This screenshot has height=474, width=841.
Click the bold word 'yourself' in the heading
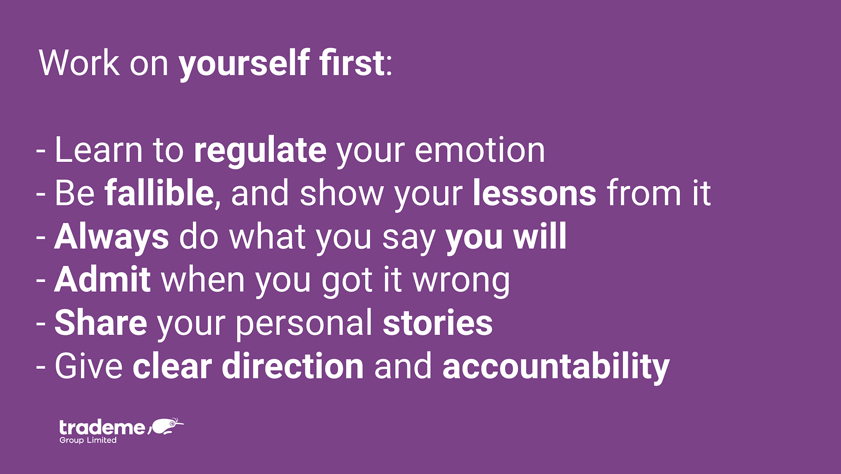[244, 64]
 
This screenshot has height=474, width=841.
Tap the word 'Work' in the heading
[79, 63]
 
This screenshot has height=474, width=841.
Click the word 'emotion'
[479, 150]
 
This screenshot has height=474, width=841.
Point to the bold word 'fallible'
[159, 193]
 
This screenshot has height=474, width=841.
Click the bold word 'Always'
[111, 237]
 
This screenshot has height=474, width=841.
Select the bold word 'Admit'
[102, 280]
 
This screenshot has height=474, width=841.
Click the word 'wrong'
[461, 282]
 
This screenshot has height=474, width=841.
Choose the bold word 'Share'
[100, 322]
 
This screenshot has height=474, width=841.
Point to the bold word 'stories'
[438, 322]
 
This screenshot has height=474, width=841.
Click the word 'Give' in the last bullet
[89, 366]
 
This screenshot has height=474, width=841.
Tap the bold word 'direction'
[293, 366]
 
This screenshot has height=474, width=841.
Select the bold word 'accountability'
[556, 367]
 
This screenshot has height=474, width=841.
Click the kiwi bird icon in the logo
[165, 426]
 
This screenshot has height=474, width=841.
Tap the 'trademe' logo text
[102, 427]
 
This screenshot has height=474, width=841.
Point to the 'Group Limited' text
[88, 440]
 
